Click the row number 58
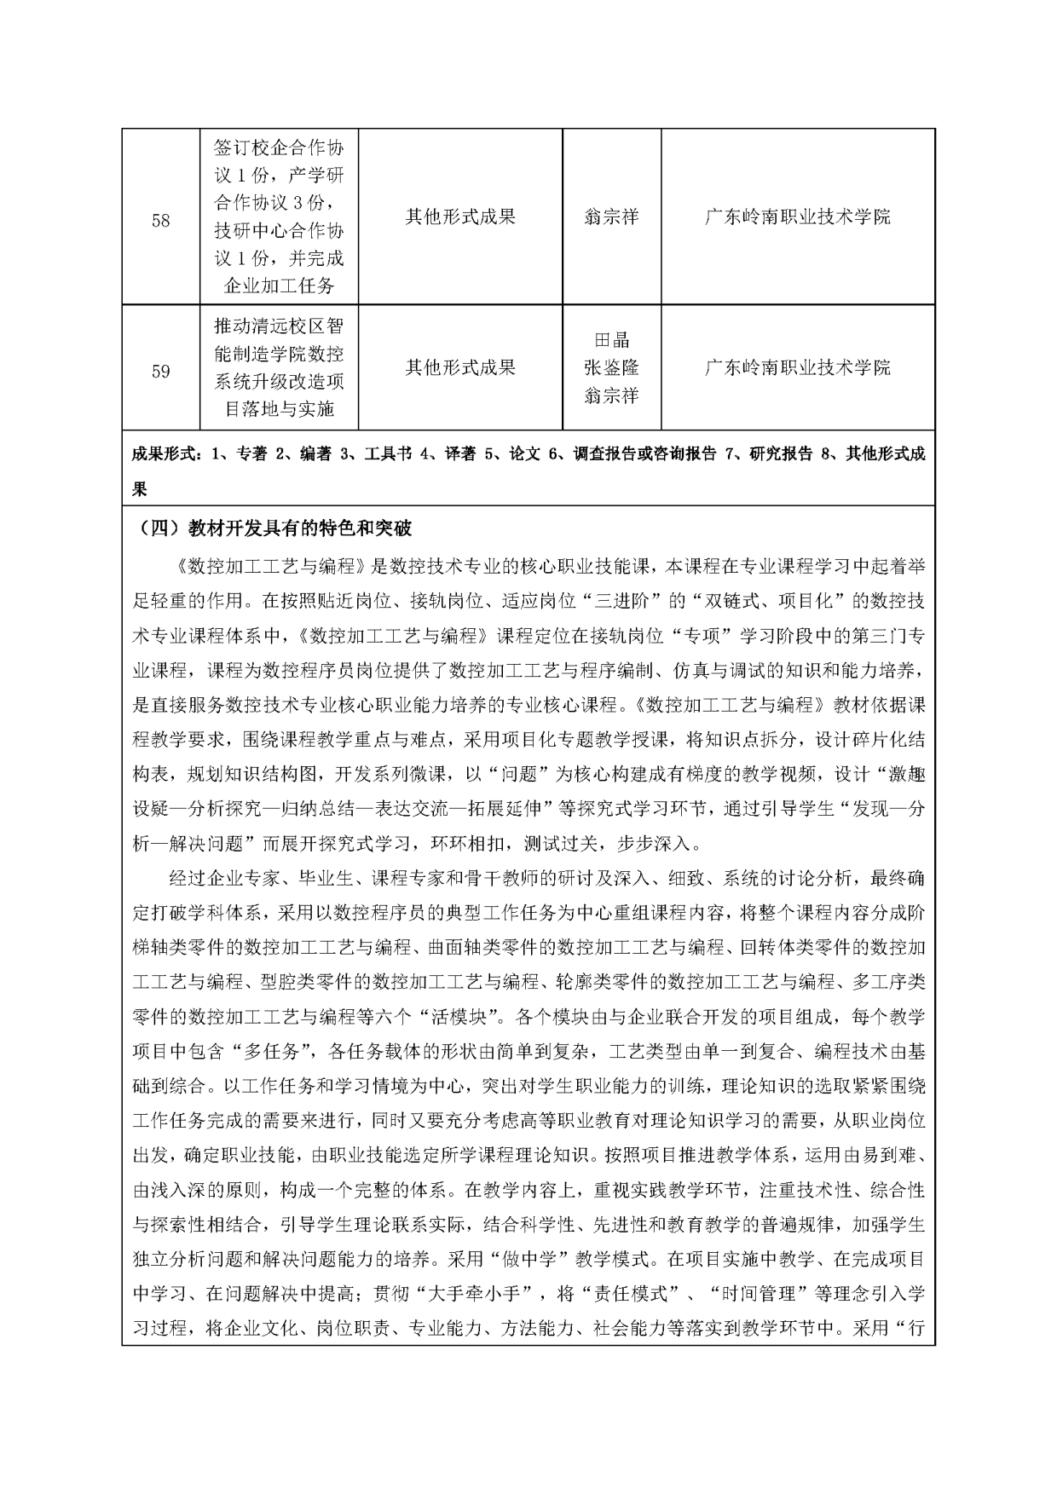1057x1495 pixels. point(160,221)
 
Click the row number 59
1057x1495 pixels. point(160,372)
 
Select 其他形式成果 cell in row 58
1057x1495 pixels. point(460,216)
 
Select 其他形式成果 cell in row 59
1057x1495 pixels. point(460,367)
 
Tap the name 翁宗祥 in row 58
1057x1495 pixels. point(611,216)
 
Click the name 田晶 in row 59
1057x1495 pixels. point(611,340)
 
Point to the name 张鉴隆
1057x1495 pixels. point(611,367)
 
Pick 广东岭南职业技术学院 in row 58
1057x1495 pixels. point(798,216)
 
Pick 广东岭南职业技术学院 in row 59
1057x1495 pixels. point(798,367)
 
